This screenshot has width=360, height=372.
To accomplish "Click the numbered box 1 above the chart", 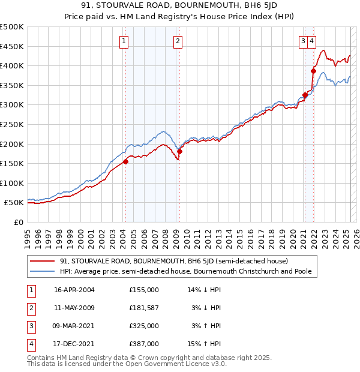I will [x=123, y=41].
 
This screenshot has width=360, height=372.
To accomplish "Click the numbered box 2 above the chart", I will [x=178, y=41].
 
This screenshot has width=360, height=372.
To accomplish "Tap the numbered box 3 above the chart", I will [x=304, y=41].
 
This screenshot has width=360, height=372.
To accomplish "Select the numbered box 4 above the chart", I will [x=313, y=41].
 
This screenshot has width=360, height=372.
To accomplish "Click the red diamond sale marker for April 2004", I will [x=126, y=161].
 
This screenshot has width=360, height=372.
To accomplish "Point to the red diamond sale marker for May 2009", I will [x=179, y=151].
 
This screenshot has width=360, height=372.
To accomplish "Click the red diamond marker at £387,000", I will [x=313, y=71].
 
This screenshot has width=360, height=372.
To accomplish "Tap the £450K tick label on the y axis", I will [x=12, y=46].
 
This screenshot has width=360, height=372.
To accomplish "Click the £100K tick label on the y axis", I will [x=12, y=183].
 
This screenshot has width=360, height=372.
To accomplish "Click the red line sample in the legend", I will [x=41, y=262].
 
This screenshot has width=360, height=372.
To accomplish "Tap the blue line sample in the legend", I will [x=41, y=272].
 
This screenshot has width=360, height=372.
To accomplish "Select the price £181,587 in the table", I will [x=143, y=308].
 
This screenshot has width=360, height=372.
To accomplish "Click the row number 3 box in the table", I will [x=30, y=326].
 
